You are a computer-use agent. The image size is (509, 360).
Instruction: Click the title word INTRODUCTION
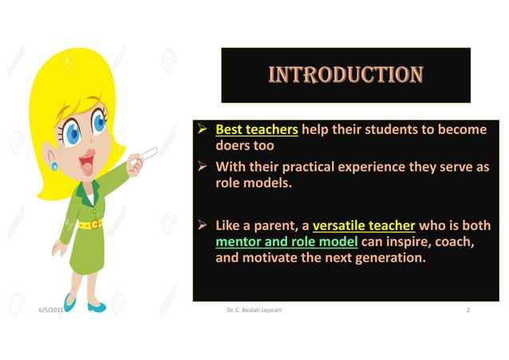tap(345, 75)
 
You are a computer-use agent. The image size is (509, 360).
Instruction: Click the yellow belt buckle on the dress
tap(96, 224)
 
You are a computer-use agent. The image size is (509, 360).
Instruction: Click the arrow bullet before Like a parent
tap(203, 224)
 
